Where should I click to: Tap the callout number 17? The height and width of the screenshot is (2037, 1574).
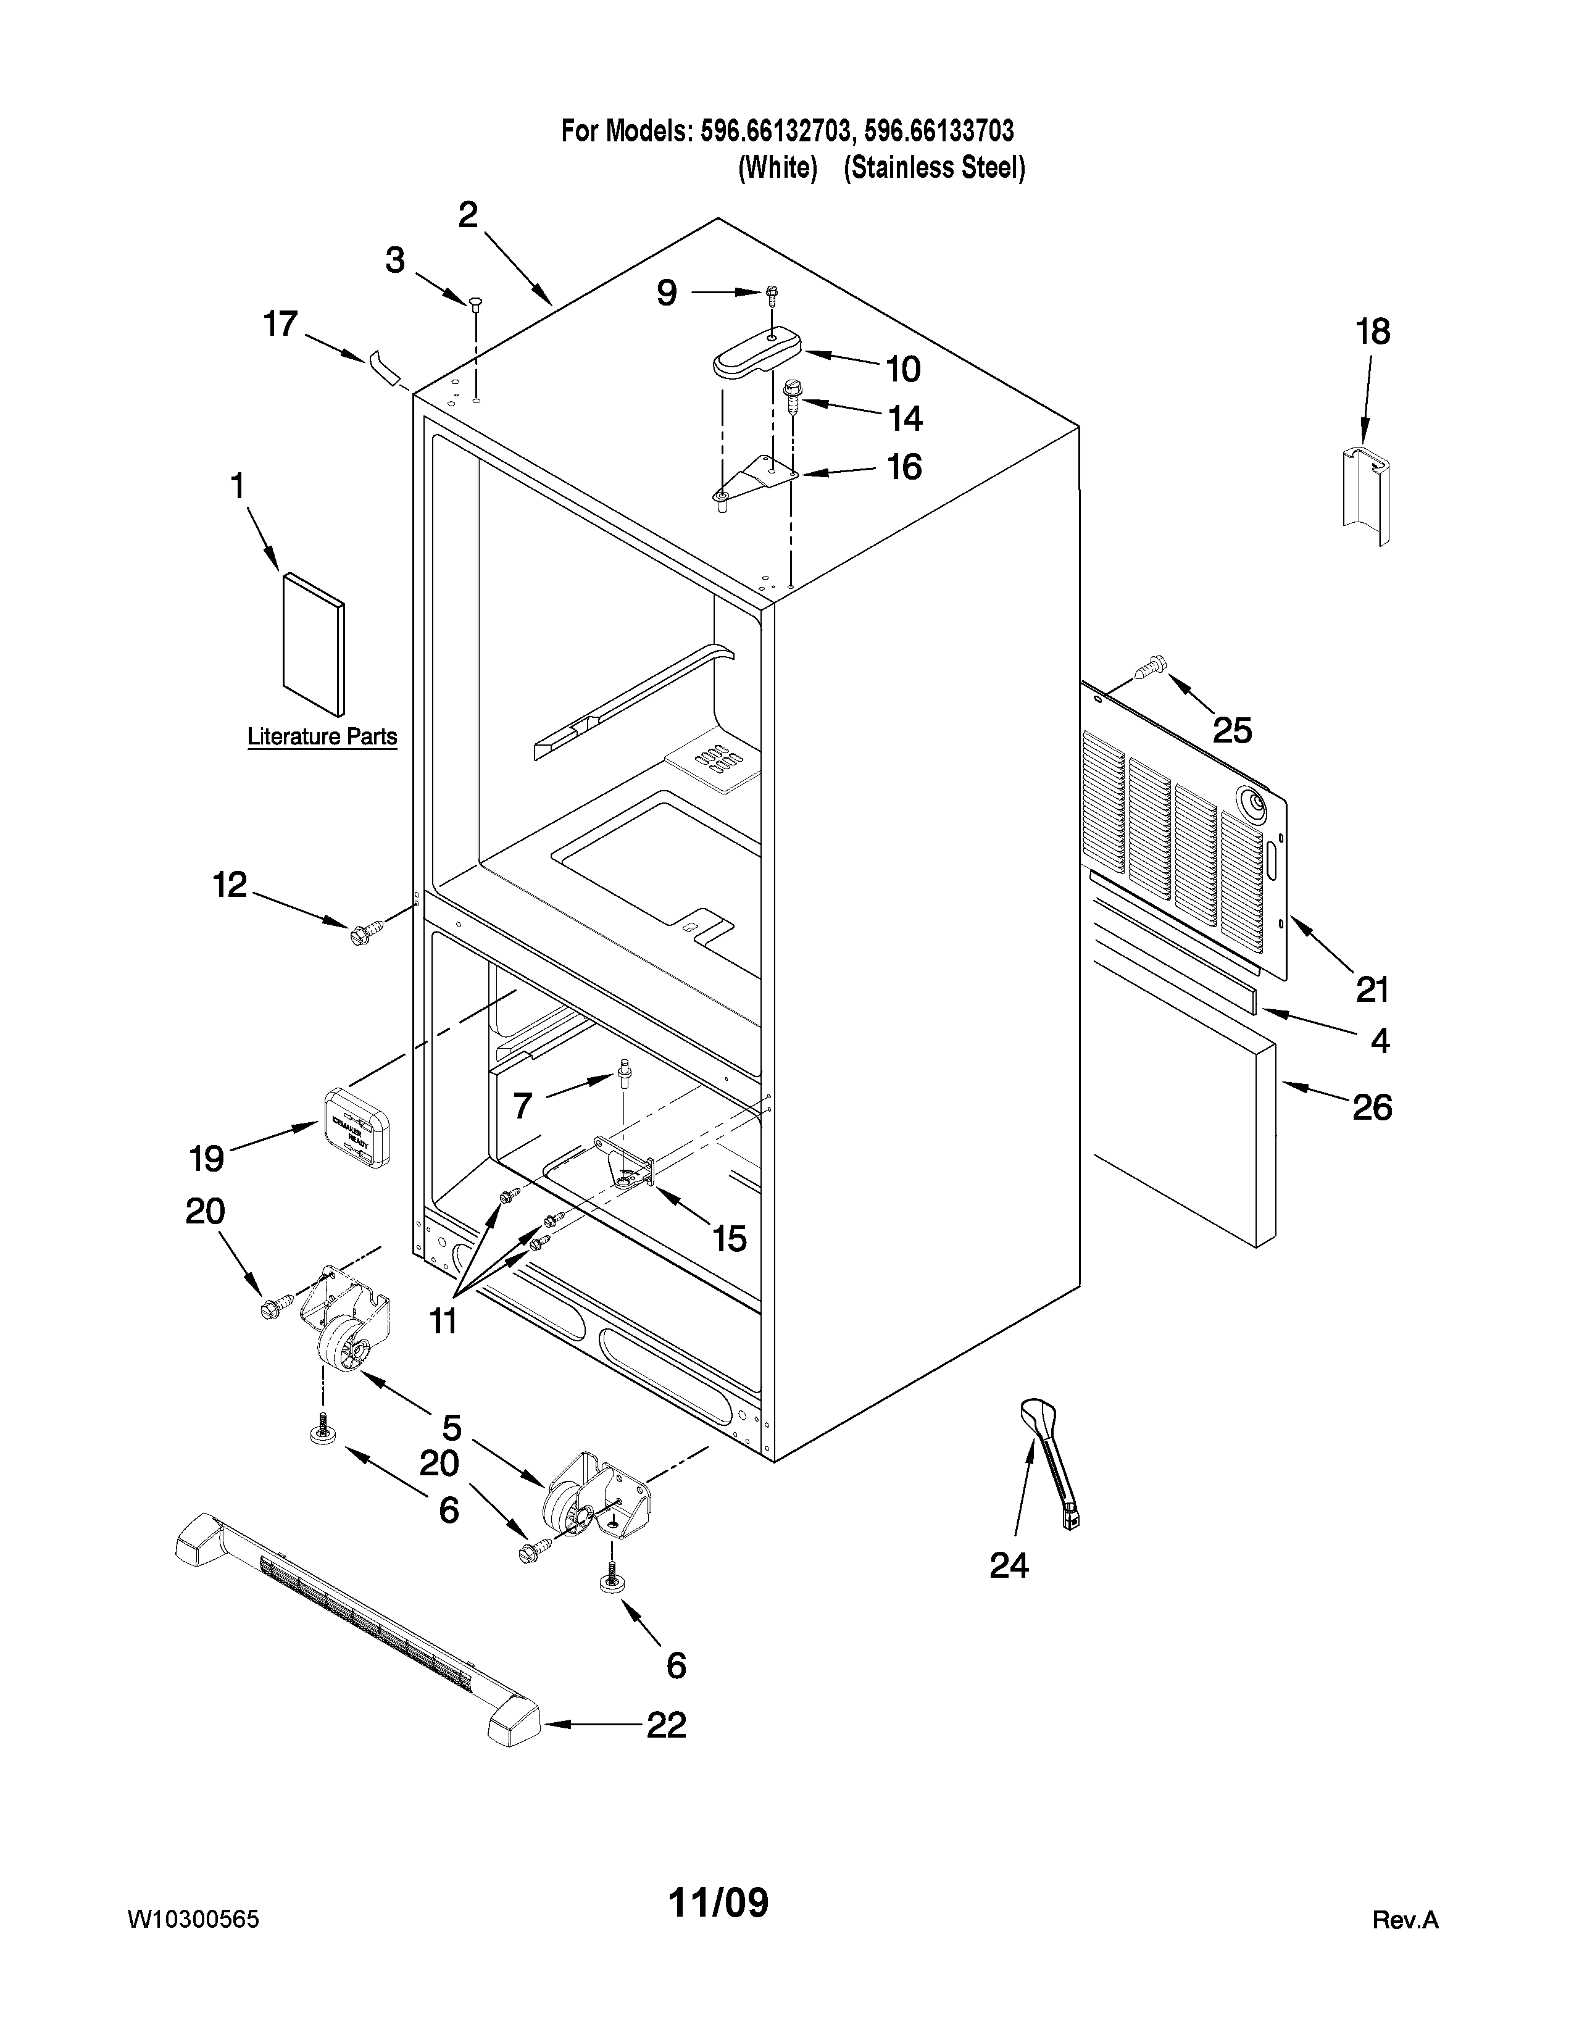(x=280, y=325)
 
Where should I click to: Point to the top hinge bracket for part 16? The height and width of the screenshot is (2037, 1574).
(x=756, y=480)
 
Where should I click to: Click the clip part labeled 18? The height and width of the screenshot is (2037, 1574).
(x=1367, y=495)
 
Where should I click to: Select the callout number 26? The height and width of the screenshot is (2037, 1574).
(x=1372, y=1107)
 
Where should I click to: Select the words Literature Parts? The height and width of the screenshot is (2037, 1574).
(x=322, y=737)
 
